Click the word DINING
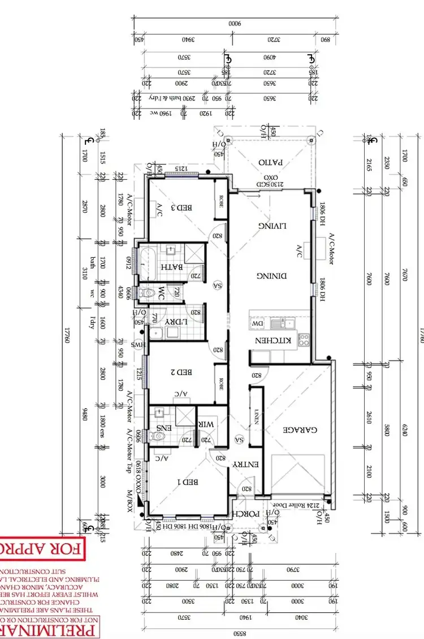click(x=272, y=276)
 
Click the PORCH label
click(x=246, y=513)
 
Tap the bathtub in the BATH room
click(x=146, y=265)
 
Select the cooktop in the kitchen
click(x=304, y=340)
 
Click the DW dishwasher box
click(x=257, y=323)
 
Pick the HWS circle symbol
click(x=136, y=344)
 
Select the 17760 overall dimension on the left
click(x=68, y=333)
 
